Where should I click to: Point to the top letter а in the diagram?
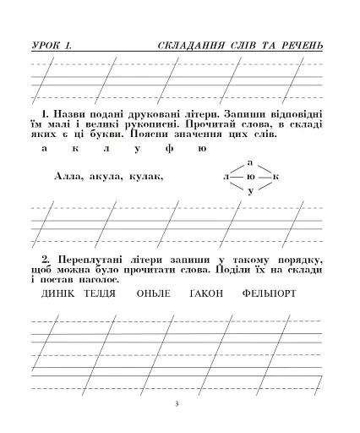(250, 161)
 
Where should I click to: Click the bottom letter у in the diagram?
(250, 193)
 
